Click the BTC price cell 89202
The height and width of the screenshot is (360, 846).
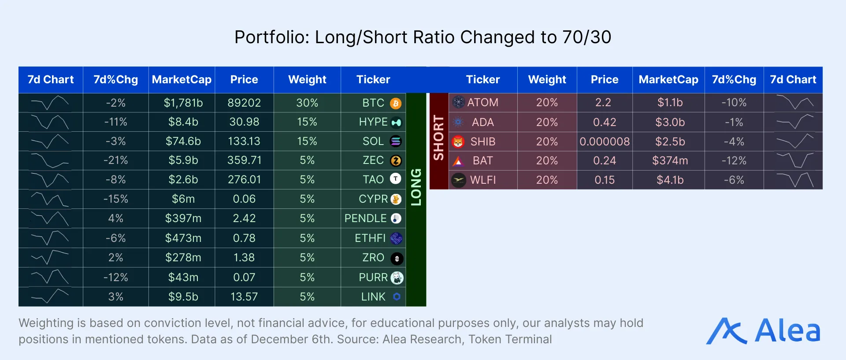click(x=244, y=103)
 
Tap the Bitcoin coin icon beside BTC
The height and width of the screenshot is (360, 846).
click(x=396, y=103)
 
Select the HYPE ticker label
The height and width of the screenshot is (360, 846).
click(x=373, y=122)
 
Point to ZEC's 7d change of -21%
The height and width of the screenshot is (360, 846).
click(x=115, y=160)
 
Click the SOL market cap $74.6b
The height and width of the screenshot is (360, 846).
click(x=183, y=141)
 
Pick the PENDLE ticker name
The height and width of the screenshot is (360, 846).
click(x=365, y=219)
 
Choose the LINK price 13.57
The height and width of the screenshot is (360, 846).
click(x=244, y=297)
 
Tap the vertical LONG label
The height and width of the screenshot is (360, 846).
click(x=416, y=187)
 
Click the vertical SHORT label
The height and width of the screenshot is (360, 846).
click(x=439, y=138)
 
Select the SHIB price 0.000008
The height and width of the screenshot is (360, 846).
click(x=605, y=141)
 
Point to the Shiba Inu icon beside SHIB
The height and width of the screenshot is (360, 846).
click(x=458, y=142)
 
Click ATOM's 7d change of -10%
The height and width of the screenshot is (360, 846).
click(x=734, y=103)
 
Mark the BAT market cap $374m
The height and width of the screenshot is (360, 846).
click(x=670, y=160)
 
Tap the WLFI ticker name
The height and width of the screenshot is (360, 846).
click(x=482, y=180)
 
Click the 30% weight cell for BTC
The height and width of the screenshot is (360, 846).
click(x=307, y=103)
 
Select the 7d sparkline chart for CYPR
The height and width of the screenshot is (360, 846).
click(x=50, y=199)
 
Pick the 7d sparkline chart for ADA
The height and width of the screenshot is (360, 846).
click(x=794, y=122)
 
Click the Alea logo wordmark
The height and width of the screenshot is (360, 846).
click(x=787, y=330)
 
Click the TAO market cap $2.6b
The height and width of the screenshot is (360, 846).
click(x=183, y=180)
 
